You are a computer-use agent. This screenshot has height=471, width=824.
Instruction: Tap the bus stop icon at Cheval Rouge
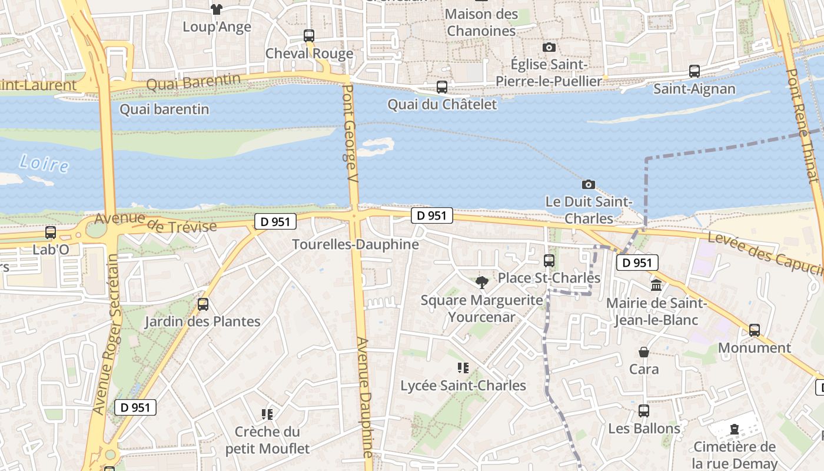click(x=309, y=36)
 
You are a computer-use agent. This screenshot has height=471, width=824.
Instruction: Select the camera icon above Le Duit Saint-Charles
click(x=588, y=184)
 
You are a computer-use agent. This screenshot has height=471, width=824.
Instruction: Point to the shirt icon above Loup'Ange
click(x=217, y=9)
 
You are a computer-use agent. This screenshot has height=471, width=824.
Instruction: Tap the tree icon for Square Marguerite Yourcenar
click(x=482, y=283)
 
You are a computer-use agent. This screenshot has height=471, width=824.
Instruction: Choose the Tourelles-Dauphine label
click(x=355, y=244)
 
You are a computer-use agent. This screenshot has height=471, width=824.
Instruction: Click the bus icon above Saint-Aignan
click(x=695, y=71)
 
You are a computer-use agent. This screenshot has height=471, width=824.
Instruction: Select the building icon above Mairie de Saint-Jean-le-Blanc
click(x=656, y=286)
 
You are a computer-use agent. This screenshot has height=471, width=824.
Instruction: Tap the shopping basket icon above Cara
click(x=644, y=352)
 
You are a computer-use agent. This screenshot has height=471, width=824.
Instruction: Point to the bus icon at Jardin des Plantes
click(x=203, y=304)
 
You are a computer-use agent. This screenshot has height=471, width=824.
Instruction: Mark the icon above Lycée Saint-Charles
click(x=463, y=368)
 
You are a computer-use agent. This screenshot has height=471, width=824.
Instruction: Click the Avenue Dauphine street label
click(x=366, y=397)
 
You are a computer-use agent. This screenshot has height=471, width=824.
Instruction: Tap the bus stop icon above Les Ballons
click(x=644, y=411)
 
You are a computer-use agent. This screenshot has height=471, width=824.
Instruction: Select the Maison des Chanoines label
click(x=481, y=22)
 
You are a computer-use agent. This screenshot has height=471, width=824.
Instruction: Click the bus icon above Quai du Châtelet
click(x=442, y=87)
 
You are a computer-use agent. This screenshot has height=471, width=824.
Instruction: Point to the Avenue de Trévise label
click(x=155, y=223)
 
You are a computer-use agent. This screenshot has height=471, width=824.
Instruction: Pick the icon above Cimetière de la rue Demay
click(x=734, y=429)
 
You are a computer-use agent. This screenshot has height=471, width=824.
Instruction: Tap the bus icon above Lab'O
click(x=51, y=233)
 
